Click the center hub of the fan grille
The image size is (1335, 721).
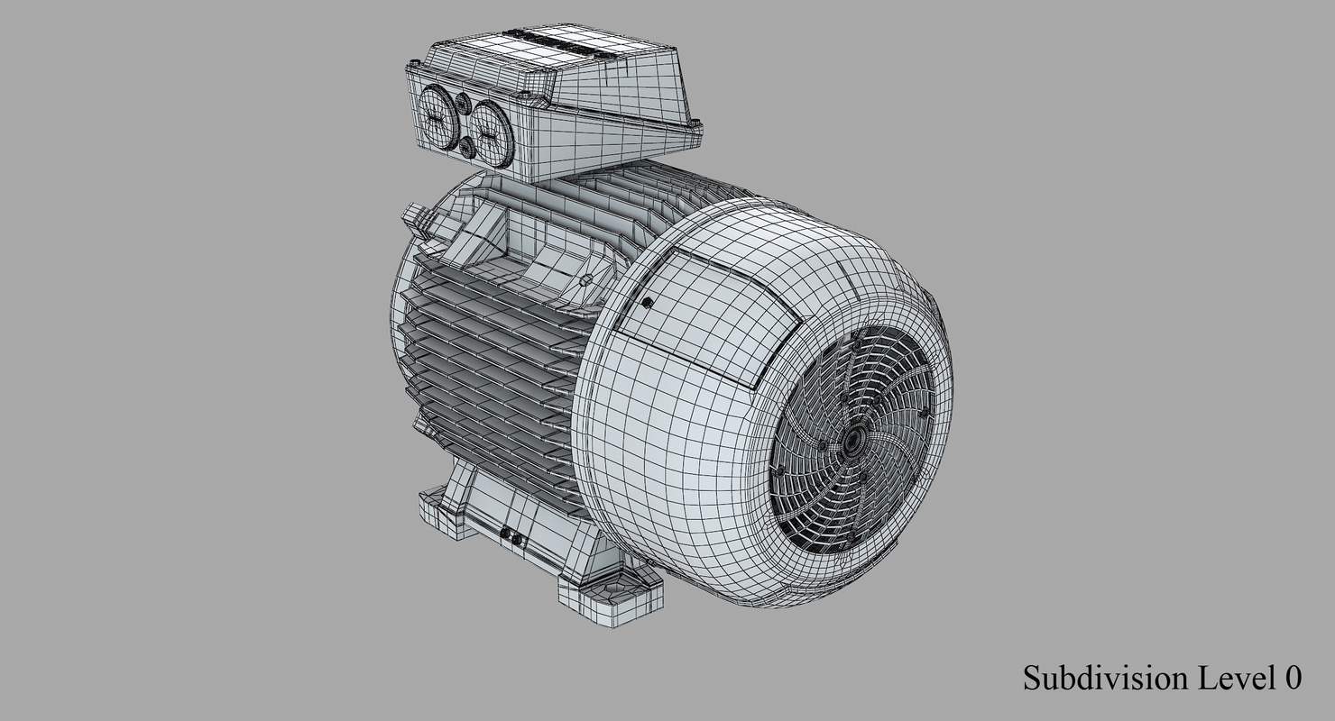(x=852, y=442)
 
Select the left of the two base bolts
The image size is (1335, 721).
(x=504, y=535)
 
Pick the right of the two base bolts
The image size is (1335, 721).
(x=517, y=541)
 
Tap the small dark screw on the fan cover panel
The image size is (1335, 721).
(x=647, y=303)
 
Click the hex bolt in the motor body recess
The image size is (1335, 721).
(x=586, y=280)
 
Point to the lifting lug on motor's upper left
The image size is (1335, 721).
(x=415, y=216)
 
